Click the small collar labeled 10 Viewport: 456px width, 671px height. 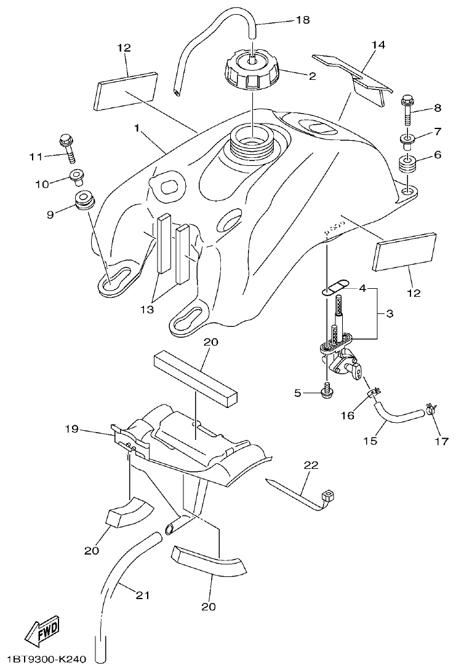[x=77, y=177]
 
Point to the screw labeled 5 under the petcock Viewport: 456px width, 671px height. [x=326, y=392]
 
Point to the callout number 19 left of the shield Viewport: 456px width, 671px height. [x=73, y=429]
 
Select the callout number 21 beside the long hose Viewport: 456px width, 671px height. [x=142, y=595]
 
